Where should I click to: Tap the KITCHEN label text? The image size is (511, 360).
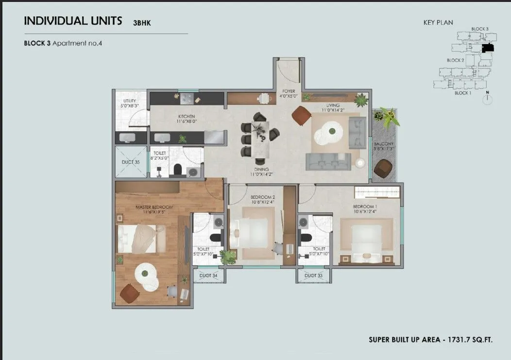[187, 117]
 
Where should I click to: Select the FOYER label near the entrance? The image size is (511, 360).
[289, 91]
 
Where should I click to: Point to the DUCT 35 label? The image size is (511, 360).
[131, 162]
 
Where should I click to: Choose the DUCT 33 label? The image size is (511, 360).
[313, 275]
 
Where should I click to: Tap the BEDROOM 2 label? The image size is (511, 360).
[263, 197]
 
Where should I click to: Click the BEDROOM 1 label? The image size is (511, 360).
[365, 206]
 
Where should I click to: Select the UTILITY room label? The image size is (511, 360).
[130, 101]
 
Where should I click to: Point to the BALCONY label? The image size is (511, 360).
[383, 144]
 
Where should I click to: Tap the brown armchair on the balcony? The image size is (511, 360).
[383, 169]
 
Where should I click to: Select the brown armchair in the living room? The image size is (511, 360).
[301, 116]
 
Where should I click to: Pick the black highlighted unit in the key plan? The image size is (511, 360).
[487, 48]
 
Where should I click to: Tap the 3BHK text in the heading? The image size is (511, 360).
[142, 22]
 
